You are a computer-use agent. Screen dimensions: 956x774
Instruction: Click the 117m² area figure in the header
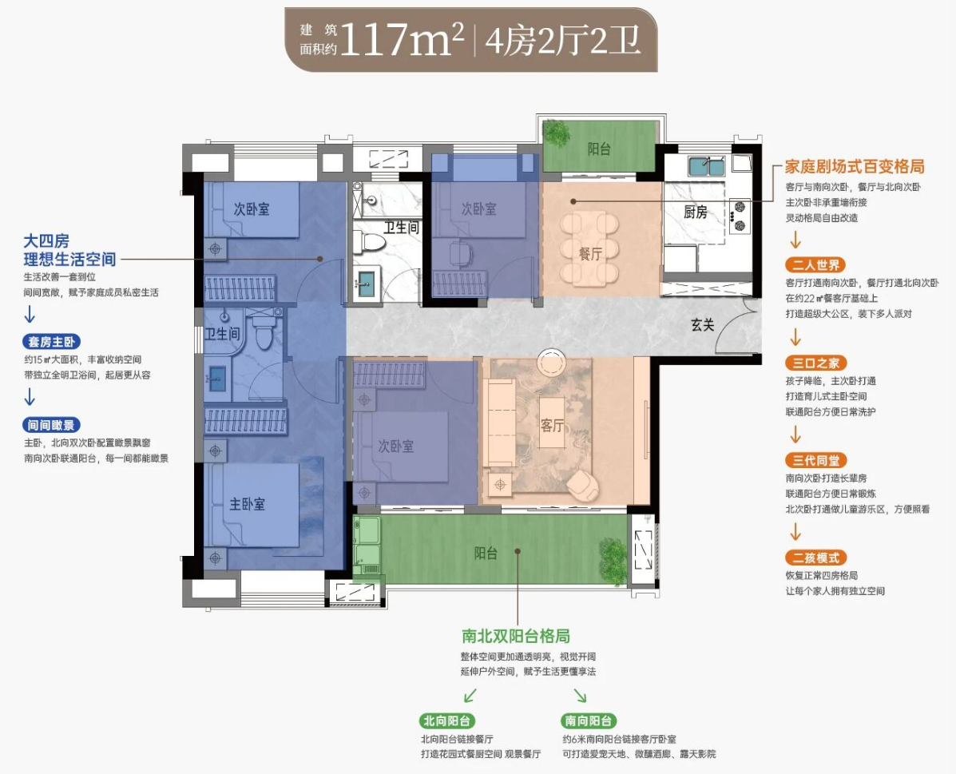point(402,39)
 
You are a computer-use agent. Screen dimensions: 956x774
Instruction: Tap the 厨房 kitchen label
point(695,212)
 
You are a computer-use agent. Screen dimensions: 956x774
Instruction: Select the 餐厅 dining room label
point(590,254)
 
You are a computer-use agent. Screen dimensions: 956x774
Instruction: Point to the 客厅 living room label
point(552,425)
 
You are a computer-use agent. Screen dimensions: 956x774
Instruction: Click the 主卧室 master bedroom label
point(247,504)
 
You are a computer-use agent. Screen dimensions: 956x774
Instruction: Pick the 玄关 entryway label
point(702,324)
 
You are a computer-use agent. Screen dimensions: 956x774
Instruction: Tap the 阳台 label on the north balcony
point(599,149)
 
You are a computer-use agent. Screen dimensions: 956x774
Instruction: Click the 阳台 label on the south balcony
point(486,554)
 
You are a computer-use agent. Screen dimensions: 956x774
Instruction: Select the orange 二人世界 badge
point(815,264)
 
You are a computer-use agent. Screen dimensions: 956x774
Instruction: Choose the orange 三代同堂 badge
point(815,461)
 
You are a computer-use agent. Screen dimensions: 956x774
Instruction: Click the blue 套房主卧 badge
point(52,342)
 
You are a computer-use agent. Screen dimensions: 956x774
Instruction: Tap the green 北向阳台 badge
point(446,721)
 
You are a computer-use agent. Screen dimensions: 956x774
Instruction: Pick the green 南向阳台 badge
point(588,721)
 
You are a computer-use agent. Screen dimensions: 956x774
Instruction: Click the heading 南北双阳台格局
point(516,636)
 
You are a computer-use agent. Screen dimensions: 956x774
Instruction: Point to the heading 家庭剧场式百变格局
point(855,166)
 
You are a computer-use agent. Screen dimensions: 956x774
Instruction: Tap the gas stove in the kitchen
point(740,216)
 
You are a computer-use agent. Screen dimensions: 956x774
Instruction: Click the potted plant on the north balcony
point(557,133)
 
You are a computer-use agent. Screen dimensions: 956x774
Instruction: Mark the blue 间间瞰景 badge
point(52,425)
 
